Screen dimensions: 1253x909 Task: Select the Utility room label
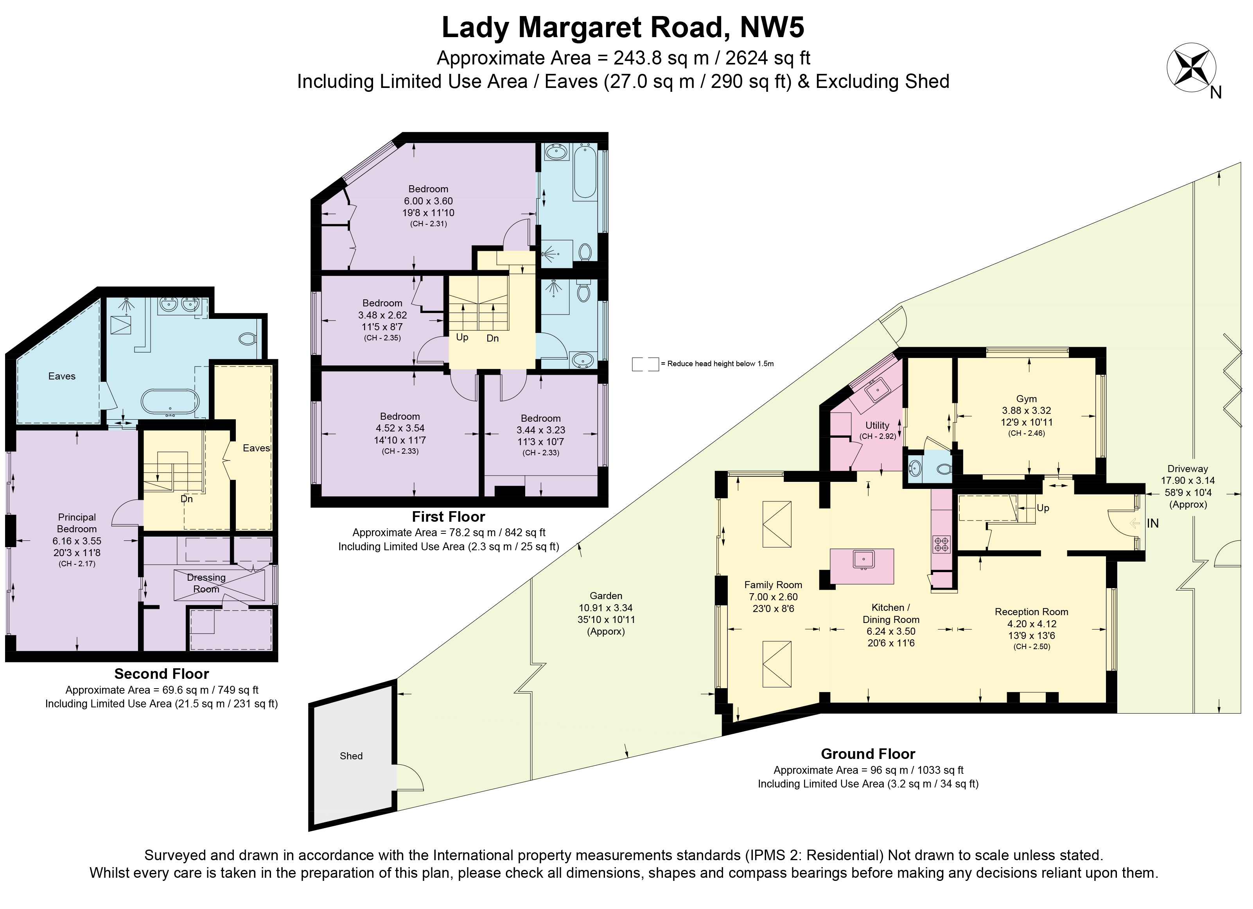click(x=877, y=425)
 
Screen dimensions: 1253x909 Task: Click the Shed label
click(x=351, y=756)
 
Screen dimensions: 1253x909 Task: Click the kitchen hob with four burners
click(x=941, y=544)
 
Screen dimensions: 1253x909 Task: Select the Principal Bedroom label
click(x=77, y=523)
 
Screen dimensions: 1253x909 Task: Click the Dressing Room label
click(x=206, y=583)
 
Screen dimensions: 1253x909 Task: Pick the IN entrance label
click(x=1153, y=523)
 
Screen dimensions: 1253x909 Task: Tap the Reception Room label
click(x=1032, y=612)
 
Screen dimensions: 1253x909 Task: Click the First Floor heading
click(x=449, y=517)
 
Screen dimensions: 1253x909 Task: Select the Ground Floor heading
click(x=868, y=754)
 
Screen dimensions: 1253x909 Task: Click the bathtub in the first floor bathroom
click(x=585, y=171)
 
